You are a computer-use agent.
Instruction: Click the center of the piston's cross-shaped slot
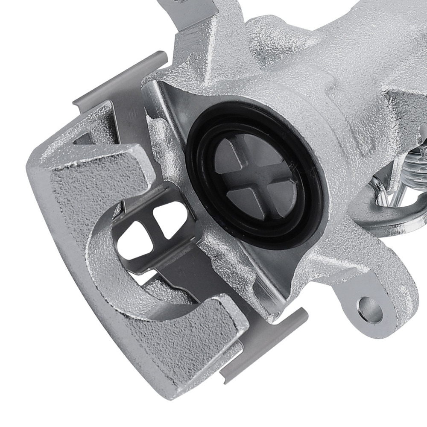coord(256,176)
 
